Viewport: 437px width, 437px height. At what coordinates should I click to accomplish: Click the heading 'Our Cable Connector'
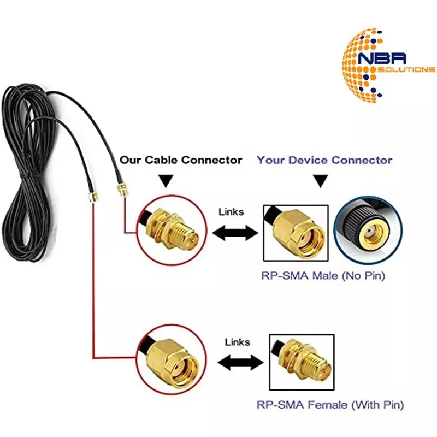coord(181,160)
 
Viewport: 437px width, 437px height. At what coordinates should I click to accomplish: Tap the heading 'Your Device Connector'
coord(324,160)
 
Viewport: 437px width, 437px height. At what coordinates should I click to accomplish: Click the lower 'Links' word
coord(237,342)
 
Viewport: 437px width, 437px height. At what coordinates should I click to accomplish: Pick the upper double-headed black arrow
coord(234,234)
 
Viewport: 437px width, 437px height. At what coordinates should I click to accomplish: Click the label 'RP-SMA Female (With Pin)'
coord(330,405)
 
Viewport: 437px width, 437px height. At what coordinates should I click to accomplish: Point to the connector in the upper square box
coord(296,232)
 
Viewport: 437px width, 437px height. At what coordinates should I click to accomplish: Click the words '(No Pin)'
coord(364,276)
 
